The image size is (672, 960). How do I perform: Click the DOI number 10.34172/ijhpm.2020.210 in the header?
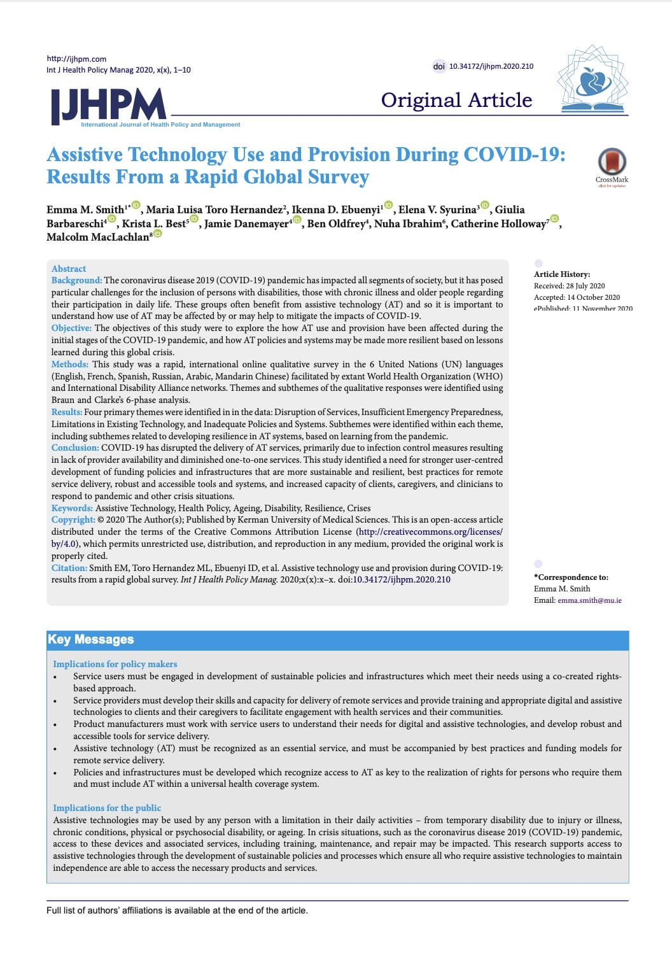tap(491, 66)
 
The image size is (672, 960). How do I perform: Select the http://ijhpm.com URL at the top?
tap(76, 59)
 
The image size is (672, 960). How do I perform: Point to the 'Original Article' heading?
tap(456, 100)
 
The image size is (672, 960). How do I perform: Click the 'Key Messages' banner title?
tap(91, 639)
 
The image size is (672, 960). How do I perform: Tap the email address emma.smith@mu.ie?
tap(589, 600)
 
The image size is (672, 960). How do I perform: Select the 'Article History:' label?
tap(562, 274)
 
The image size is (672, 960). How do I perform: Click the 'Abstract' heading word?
tap(69, 269)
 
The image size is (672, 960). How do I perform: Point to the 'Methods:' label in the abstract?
tap(70, 364)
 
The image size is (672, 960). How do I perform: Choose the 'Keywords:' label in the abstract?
tap(73, 508)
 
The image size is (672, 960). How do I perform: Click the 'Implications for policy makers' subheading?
tap(115, 664)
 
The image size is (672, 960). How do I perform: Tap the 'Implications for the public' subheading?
tap(107, 808)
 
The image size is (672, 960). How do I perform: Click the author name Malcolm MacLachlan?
tap(97, 237)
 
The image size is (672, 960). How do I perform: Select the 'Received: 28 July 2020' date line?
tap(569, 286)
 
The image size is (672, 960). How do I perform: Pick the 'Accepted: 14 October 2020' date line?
tap(577, 297)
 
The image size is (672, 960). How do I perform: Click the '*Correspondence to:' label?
tap(571, 577)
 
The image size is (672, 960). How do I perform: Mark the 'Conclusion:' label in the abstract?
tap(75, 448)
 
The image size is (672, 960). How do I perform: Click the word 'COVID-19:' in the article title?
tap(514, 155)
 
